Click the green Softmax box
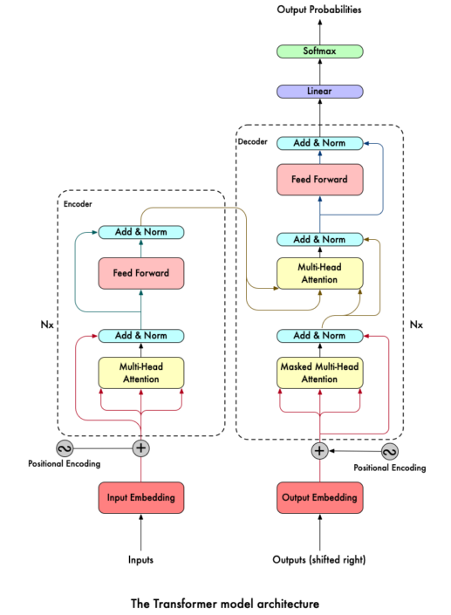point(319,51)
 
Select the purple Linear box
point(319,92)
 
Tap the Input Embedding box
point(140,498)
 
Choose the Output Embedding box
point(319,498)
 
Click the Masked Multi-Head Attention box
point(319,373)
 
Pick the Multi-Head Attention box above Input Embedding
point(140,373)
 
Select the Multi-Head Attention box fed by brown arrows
point(319,274)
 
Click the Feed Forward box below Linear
point(319,180)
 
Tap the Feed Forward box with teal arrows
point(140,274)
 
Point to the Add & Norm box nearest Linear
point(319,143)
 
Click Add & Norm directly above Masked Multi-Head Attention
point(319,336)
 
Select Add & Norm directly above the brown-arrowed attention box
point(319,239)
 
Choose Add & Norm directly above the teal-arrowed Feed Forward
point(140,232)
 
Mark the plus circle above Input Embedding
point(140,448)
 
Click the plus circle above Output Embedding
point(319,451)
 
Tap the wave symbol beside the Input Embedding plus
point(65,448)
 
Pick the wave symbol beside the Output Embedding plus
point(390,451)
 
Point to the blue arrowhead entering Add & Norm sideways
point(366,143)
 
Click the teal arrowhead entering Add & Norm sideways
point(94,232)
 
